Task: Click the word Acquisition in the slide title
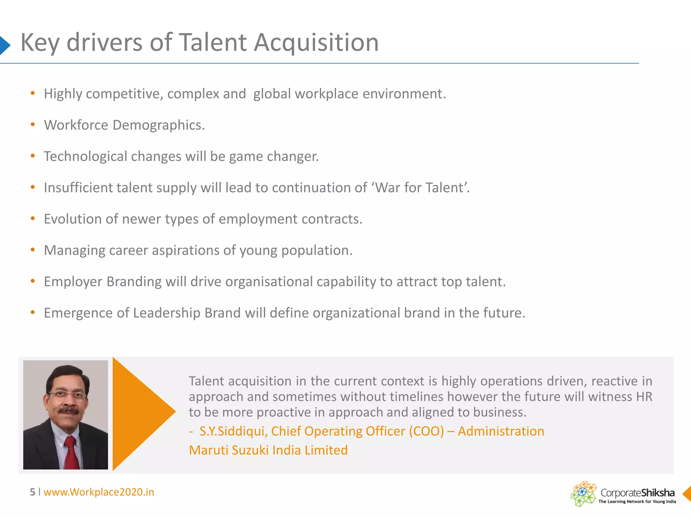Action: [x=316, y=43]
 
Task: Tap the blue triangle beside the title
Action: [x=4, y=45]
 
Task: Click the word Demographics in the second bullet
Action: [x=158, y=125]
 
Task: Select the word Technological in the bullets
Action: [x=85, y=156]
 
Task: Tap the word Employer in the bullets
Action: [x=73, y=282]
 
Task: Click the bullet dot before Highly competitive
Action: [x=33, y=93]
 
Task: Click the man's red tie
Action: [x=71, y=452]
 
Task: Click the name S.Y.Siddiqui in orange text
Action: [x=233, y=431]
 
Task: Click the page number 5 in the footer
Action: [x=32, y=492]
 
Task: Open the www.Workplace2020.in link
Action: [x=99, y=492]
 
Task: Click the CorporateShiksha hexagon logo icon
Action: [x=583, y=494]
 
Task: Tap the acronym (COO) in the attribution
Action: [x=426, y=431]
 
